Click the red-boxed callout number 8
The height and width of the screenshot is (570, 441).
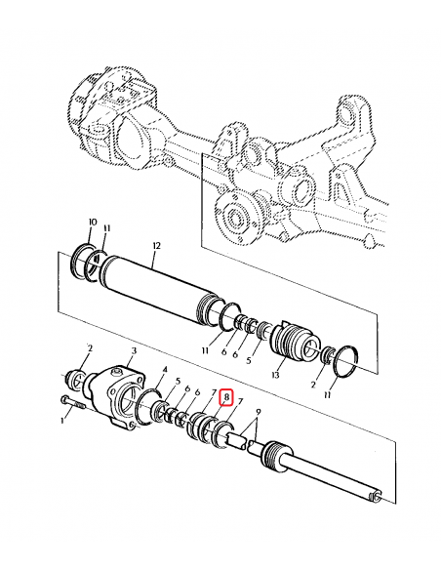tap(226, 397)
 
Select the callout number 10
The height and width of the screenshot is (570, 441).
tap(93, 223)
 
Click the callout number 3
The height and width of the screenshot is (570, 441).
tap(133, 349)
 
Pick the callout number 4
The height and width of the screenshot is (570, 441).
tap(164, 369)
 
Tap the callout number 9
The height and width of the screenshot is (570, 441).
tap(257, 413)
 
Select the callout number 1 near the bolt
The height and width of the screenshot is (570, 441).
tap(65, 421)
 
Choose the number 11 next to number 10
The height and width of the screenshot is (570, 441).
tap(107, 228)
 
